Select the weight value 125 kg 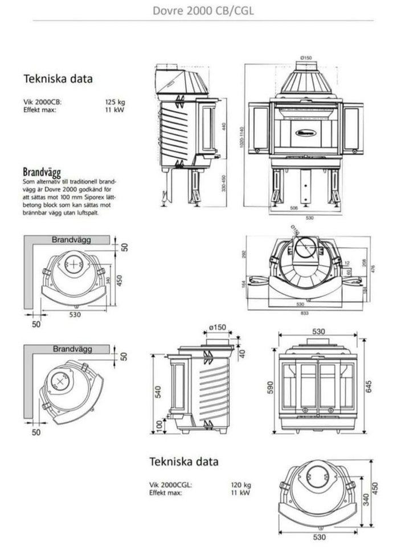click(x=114, y=103)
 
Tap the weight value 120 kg click(x=240, y=485)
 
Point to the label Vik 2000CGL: click(x=171, y=485)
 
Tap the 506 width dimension click(x=294, y=209)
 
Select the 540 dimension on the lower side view click(x=159, y=391)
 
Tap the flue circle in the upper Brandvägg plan click(x=73, y=264)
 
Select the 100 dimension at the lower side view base click(x=159, y=427)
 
